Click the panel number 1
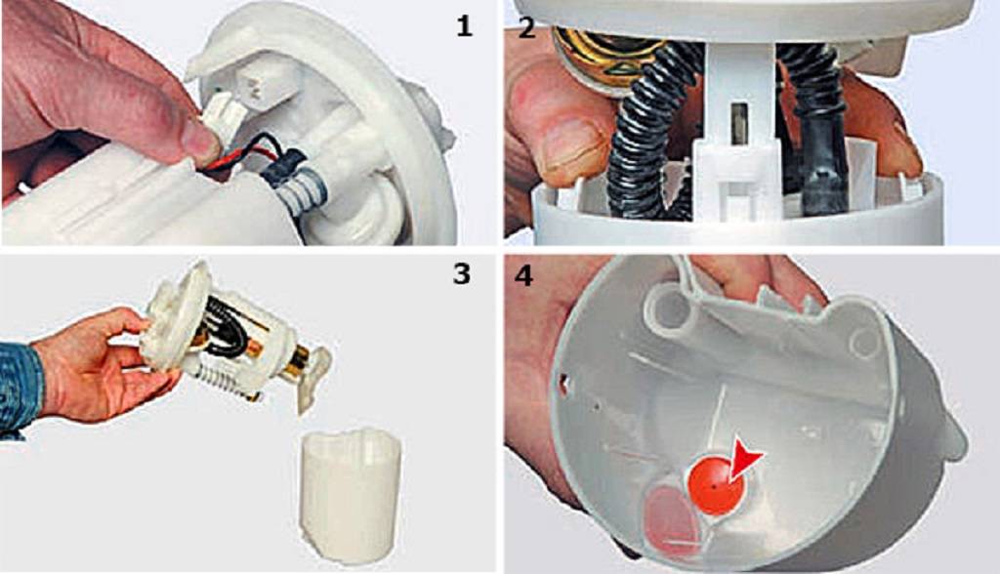tap(464, 25)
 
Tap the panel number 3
tap(462, 273)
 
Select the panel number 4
tap(524, 275)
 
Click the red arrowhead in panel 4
tap(743, 458)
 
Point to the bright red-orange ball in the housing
tap(714, 485)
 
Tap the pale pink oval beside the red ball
tap(672, 516)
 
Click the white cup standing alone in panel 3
tap(351, 495)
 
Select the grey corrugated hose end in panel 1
tap(301, 192)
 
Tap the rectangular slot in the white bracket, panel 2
tap(742, 125)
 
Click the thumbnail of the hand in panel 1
tap(202, 145)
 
